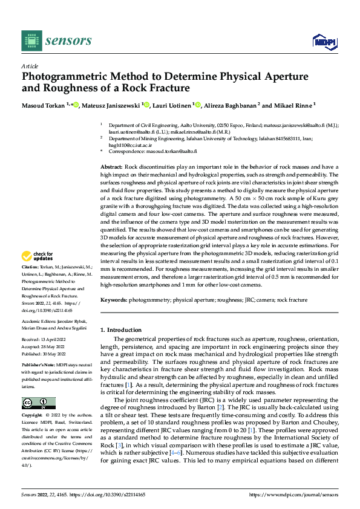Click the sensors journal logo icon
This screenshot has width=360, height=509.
click(31, 41)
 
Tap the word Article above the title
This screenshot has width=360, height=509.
click(30, 66)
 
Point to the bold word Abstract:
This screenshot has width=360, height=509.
click(111, 166)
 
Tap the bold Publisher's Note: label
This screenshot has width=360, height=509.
click(39, 366)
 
